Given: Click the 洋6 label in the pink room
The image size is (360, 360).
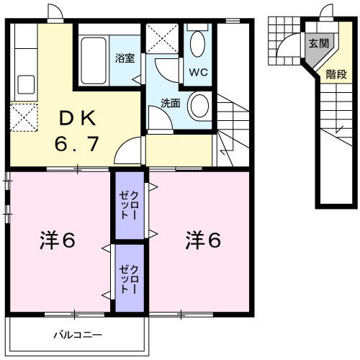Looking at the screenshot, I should [x=57, y=240].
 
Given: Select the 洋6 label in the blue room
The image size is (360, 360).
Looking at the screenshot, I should [x=204, y=240].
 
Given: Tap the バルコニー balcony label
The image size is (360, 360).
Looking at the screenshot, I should [x=78, y=336].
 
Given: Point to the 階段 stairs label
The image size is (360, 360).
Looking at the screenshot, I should [x=336, y=73].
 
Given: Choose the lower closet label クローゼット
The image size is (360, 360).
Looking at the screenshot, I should [x=130, y=278].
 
